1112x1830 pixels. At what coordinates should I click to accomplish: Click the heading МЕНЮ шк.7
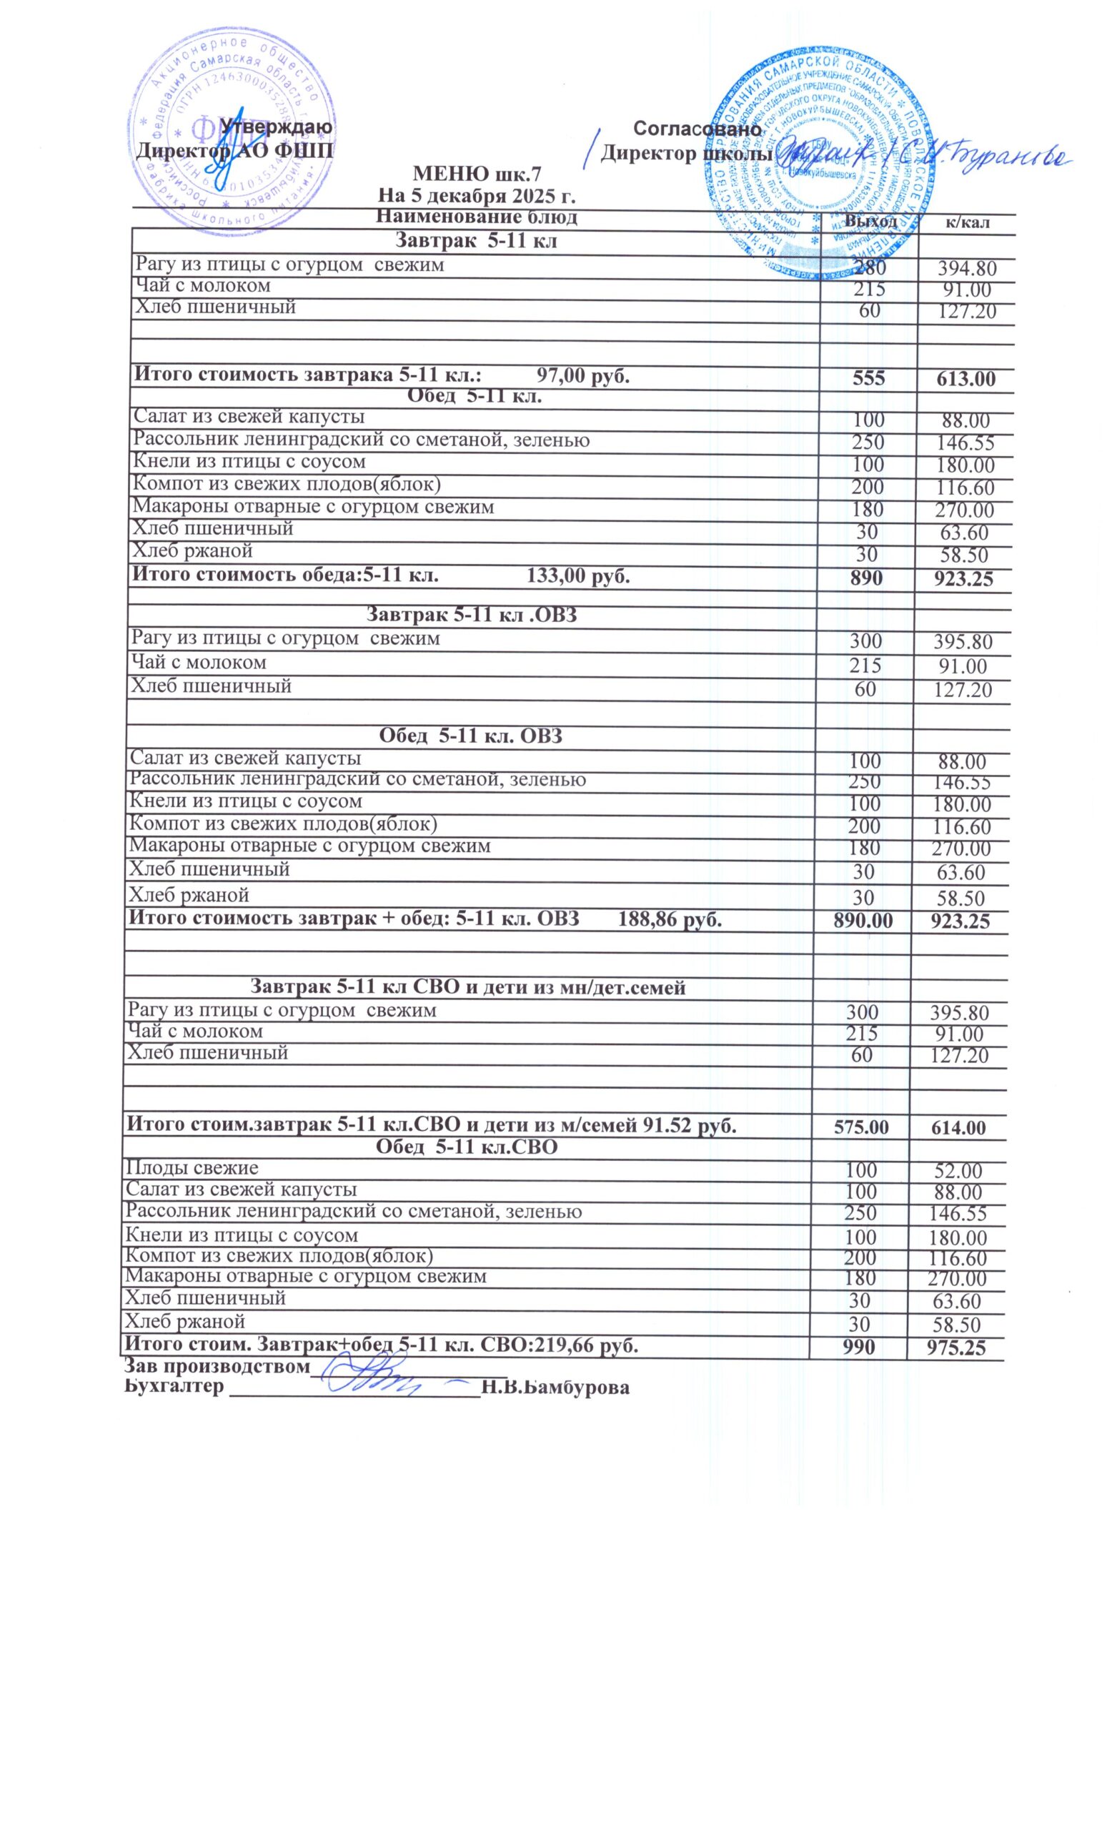[476, 174]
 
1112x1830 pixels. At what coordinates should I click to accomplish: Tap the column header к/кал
[964, 222]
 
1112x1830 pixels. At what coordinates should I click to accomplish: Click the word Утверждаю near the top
[276, 127]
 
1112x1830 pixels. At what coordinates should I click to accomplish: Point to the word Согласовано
[698, 129]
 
